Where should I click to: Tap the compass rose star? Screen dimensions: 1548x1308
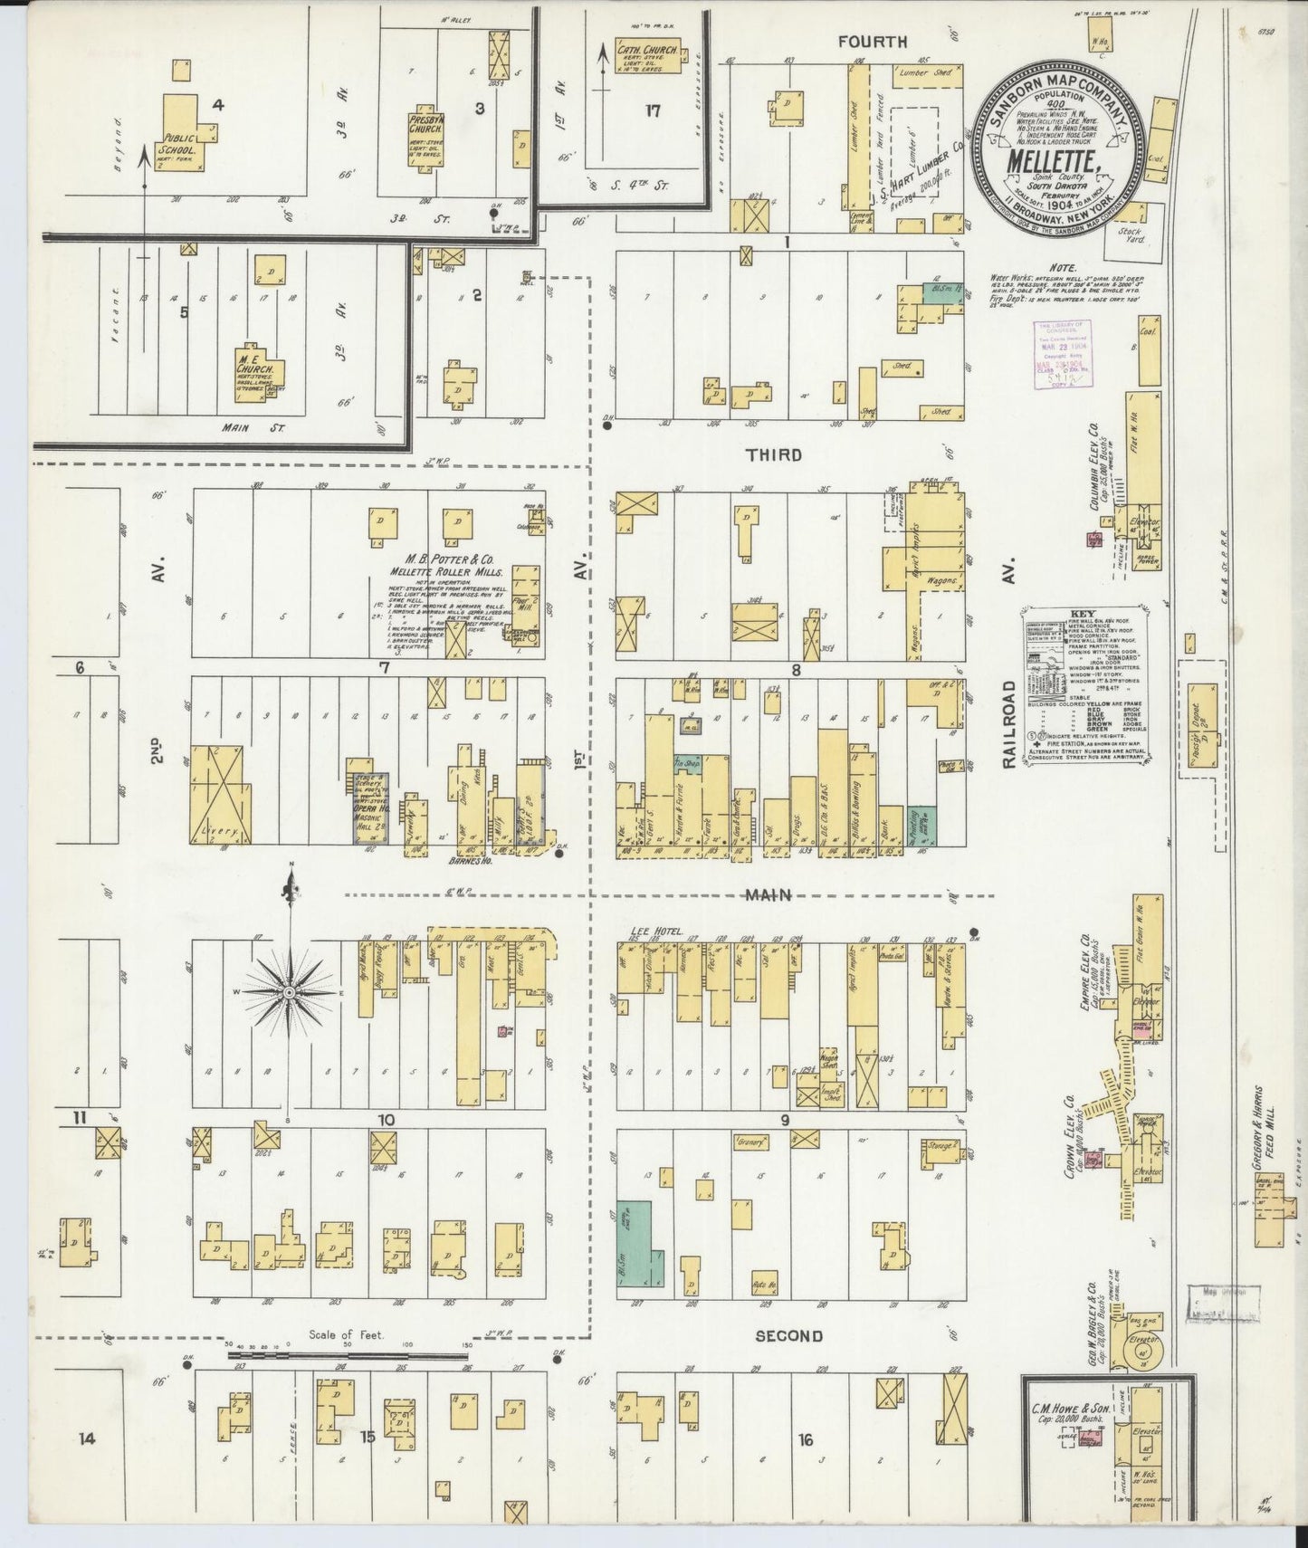290,992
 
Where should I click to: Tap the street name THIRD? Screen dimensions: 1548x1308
775,455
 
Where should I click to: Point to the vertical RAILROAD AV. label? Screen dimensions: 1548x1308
1010,661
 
